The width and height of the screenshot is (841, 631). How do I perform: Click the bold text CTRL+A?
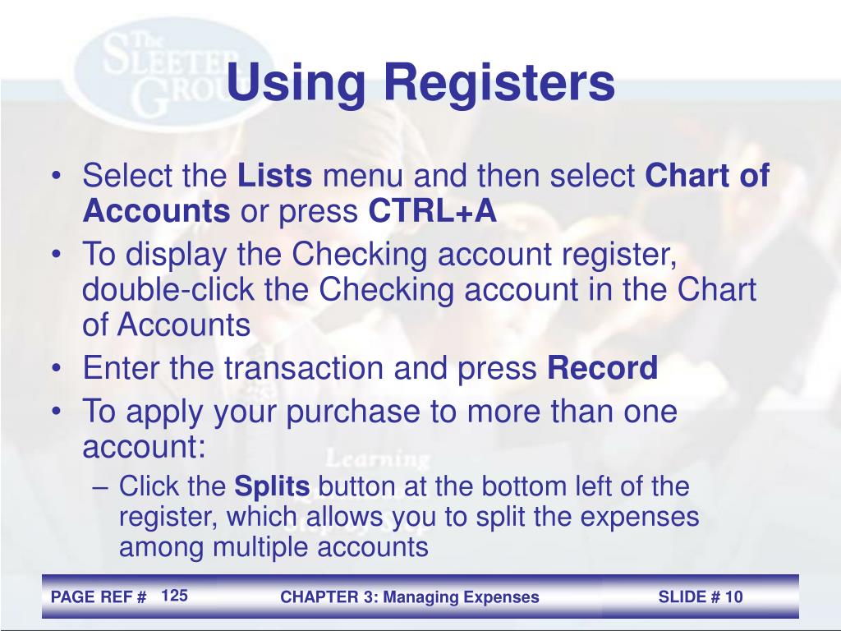point(433,212)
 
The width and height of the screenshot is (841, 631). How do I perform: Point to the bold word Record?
point(603,369)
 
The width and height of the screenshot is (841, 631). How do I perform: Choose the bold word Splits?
point(273,486)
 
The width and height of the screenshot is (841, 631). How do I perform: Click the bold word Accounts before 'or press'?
point(156,212)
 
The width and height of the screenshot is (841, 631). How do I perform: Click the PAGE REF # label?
point(99,597)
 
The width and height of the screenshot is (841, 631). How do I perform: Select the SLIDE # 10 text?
point(701,597)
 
